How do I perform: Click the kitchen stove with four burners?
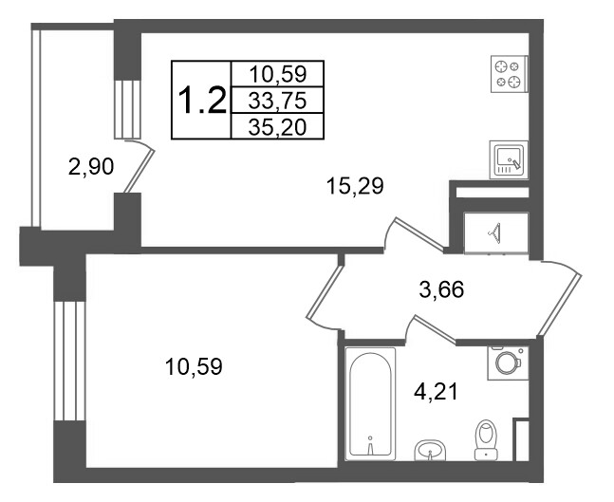(x=510, y=74)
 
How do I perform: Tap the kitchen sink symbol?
(x=509, y=159)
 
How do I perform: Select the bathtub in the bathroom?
(x=370, y=403)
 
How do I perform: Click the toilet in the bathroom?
(x=486, y=439)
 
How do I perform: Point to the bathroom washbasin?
(x=430, y=450)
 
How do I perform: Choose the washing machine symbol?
(x=508, y=363)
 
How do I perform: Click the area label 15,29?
(x=355, y=186)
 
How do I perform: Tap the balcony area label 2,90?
(x=91, y=167)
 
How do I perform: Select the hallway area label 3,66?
(x=441, y=290)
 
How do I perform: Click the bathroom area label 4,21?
(x=436, y=392)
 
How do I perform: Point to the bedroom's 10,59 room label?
(x=194, y=367)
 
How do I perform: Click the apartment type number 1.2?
(x=202, y=101)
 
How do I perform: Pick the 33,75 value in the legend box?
(x=277, y=102)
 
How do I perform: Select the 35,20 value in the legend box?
(x=277, y=127)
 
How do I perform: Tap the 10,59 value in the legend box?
(x=277, y=74)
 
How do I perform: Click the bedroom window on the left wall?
(x=69, y=361)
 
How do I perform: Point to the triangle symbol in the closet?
(x=495, y=233)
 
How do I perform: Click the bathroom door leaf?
(x=436, y=329)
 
